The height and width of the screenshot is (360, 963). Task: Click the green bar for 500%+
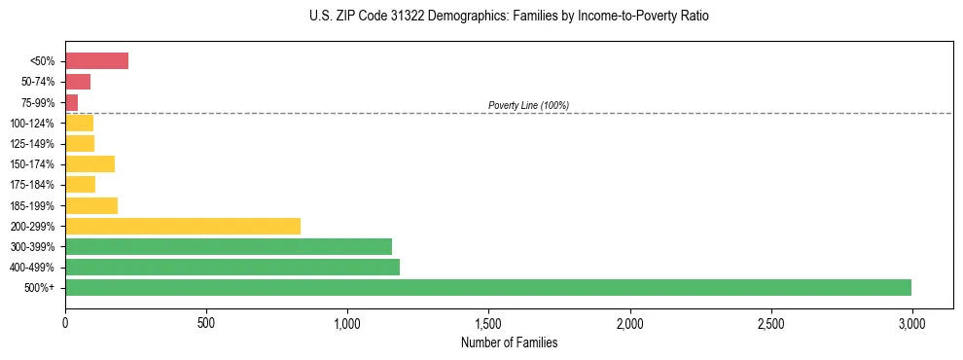point(488,287)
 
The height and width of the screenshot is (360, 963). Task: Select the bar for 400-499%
point(232,267)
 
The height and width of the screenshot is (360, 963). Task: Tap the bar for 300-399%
point(229,246)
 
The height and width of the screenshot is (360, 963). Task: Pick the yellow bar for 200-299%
point(183,226)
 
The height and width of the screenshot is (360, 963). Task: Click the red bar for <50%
point(97,61)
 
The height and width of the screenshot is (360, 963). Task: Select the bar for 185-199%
point(91,205)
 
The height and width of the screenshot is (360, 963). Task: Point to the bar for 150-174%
point(90,163)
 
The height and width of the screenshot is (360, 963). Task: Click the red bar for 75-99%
point(72,102)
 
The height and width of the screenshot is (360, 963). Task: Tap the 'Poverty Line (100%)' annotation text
point(528,105)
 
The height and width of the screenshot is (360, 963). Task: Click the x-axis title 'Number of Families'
point(510,342)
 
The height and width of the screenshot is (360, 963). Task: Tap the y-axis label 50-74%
point(38,82)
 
